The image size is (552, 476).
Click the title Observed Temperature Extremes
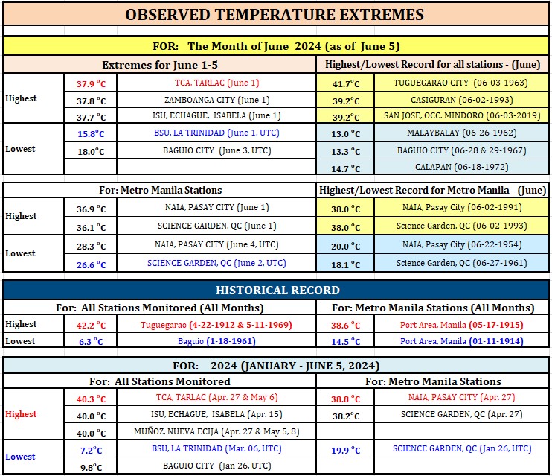click(x=275, y=15)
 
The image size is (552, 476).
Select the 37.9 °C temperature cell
click(x=92, y=84)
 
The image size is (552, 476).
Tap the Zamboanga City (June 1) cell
click(x=217, y=100)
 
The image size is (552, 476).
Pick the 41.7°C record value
click(x=346, y=84)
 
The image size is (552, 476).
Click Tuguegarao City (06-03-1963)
click(x=460, y=83)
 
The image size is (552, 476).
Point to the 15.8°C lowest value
click(x=91, y=134)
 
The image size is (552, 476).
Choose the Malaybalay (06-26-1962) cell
click(x=461, y=133)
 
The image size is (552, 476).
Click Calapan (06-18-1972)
click(x=461, y=167)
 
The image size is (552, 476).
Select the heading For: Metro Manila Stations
click(x=160, y=191)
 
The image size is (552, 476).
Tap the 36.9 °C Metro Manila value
click(x=92, y=209)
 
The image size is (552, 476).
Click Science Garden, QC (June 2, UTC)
click(x=216, y=264)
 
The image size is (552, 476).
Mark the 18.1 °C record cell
click(x=345, y=264)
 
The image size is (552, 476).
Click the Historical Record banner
click(x=277, y=291)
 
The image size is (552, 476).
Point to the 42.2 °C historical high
click(x=92, y=325)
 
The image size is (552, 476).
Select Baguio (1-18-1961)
click(x=216, y=341)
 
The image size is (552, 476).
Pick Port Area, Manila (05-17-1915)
click(x=461, y=325)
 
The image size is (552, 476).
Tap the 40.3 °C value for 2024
click(x=92, y=399)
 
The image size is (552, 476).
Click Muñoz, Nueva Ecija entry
click(x=216, y=431)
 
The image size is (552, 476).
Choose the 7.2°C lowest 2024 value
click(x=92, y=451)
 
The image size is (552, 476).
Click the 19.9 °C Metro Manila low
click(x=345, y=451)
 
